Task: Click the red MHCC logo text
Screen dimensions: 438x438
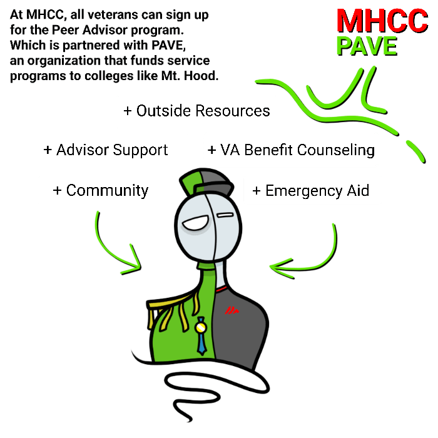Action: [x=382, y=21]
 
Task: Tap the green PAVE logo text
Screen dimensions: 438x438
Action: [x=367, y=46]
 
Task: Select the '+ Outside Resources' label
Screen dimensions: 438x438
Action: [x=196, y=111]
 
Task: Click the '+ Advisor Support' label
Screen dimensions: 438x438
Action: [x=106, y=150]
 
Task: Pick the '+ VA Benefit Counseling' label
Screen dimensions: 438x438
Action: [x=291, y=150]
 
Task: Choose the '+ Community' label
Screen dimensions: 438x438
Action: [x=101, y=191]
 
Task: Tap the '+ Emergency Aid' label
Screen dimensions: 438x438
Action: [x=310, y=191]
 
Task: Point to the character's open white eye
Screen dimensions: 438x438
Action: [x=195, y=223]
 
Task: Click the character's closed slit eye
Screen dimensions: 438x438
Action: [x=225, y=215]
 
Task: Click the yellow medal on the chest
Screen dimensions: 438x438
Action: [x=201, y=328]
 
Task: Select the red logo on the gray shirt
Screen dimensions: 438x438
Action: [x=232, y=310]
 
